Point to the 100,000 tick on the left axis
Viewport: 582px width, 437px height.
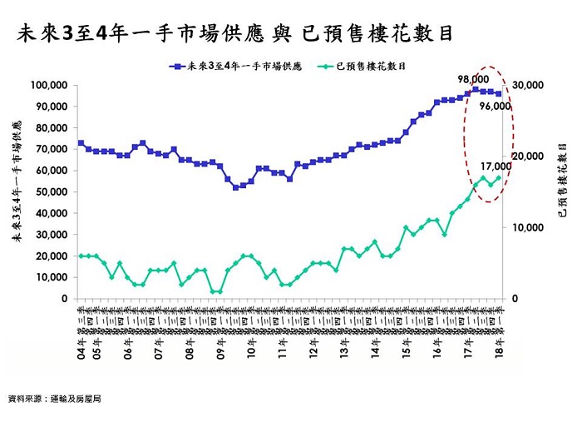[47, 86]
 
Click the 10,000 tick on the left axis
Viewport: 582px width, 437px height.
[50, 277]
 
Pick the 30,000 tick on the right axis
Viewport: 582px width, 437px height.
[525, 86]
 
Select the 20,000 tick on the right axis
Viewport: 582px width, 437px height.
[525, 156]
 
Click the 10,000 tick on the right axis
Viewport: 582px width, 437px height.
[525, 227]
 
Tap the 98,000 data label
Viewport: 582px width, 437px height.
[473, 79]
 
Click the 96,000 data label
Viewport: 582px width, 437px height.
[517, 107]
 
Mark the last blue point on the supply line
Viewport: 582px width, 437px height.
[499, 94]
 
